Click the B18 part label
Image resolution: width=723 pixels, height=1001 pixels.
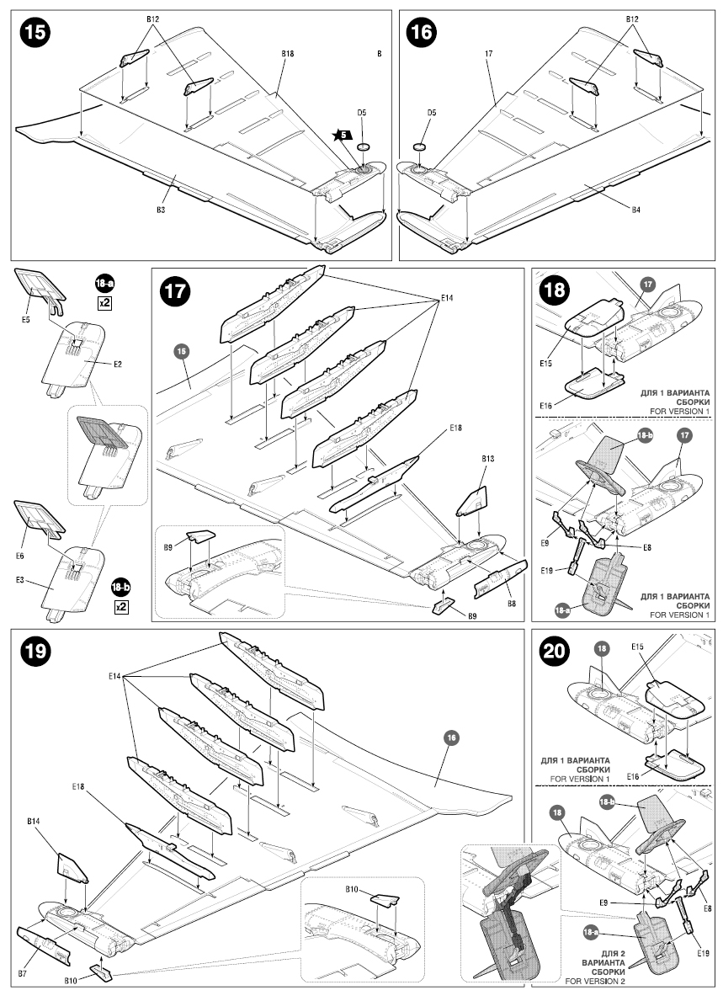[287, 53]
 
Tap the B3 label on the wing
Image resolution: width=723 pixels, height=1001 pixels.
[160, 210]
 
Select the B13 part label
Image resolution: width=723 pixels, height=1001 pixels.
[487, 459]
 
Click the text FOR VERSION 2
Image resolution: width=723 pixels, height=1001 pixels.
[597, 981]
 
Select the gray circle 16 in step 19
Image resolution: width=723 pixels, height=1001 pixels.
[450, 737]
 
